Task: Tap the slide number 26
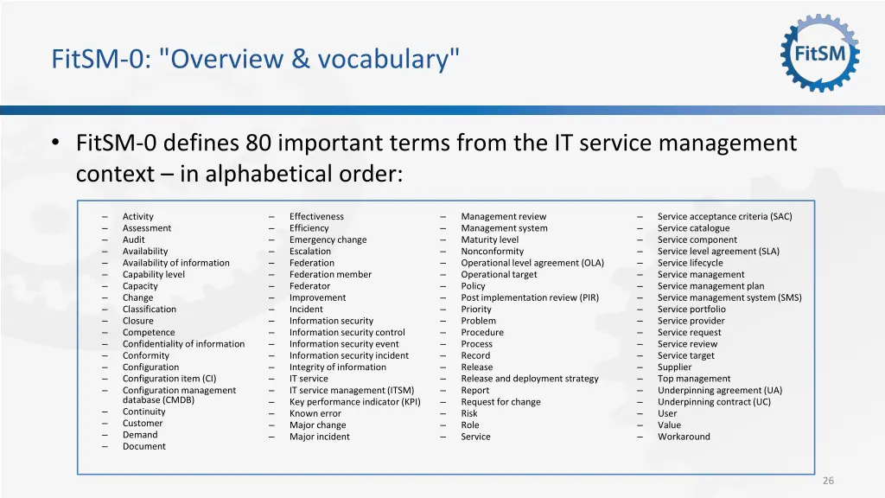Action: coord(828,481)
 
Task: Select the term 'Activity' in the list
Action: coord(138,217)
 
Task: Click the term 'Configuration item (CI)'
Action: coord(169,379)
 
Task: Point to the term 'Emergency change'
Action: coord(328,240)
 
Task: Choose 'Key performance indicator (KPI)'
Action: coord(354,402)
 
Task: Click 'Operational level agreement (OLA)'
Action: coord(532,263)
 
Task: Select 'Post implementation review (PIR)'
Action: coord(530,297)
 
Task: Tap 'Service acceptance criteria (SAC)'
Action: coord(724,217)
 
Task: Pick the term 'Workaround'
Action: coord(684,437)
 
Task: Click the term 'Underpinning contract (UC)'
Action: coord(714,402)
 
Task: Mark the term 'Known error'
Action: coord(315,414)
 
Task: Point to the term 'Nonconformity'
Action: coord(493,252)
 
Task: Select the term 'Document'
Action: coord(144,447)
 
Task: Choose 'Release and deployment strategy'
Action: coord(530,379)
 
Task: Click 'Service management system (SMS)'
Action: coord(729,297)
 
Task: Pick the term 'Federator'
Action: coord(309,286)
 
